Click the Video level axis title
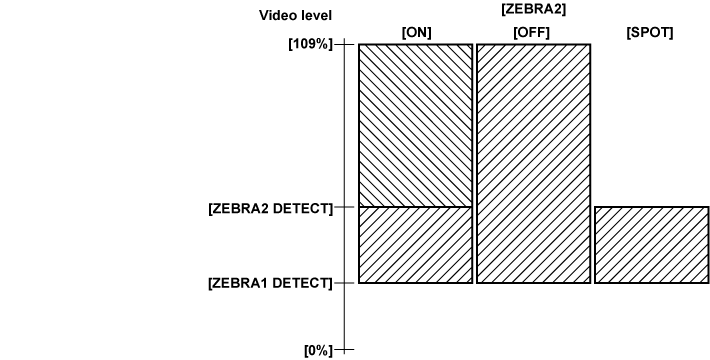coord(295,15)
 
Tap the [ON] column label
coord(416,32)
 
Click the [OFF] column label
coord(533,32)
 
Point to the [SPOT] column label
coord(650,32)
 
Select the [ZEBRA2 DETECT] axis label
coord(270,208)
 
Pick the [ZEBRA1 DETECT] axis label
coord(270,283)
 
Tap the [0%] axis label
coord(319,350)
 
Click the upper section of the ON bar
coord(415,125)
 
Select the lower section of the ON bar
coord(415,245)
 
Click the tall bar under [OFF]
coord(533,164)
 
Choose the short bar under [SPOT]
coord(651,245)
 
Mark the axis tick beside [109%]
coord(345,45)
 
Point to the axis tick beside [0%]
coord(345,350)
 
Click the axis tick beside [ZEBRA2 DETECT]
coord(345,207)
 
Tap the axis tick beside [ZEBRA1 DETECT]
coord(345,283)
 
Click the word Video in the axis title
coord(276,15)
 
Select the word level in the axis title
coord(314,15)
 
